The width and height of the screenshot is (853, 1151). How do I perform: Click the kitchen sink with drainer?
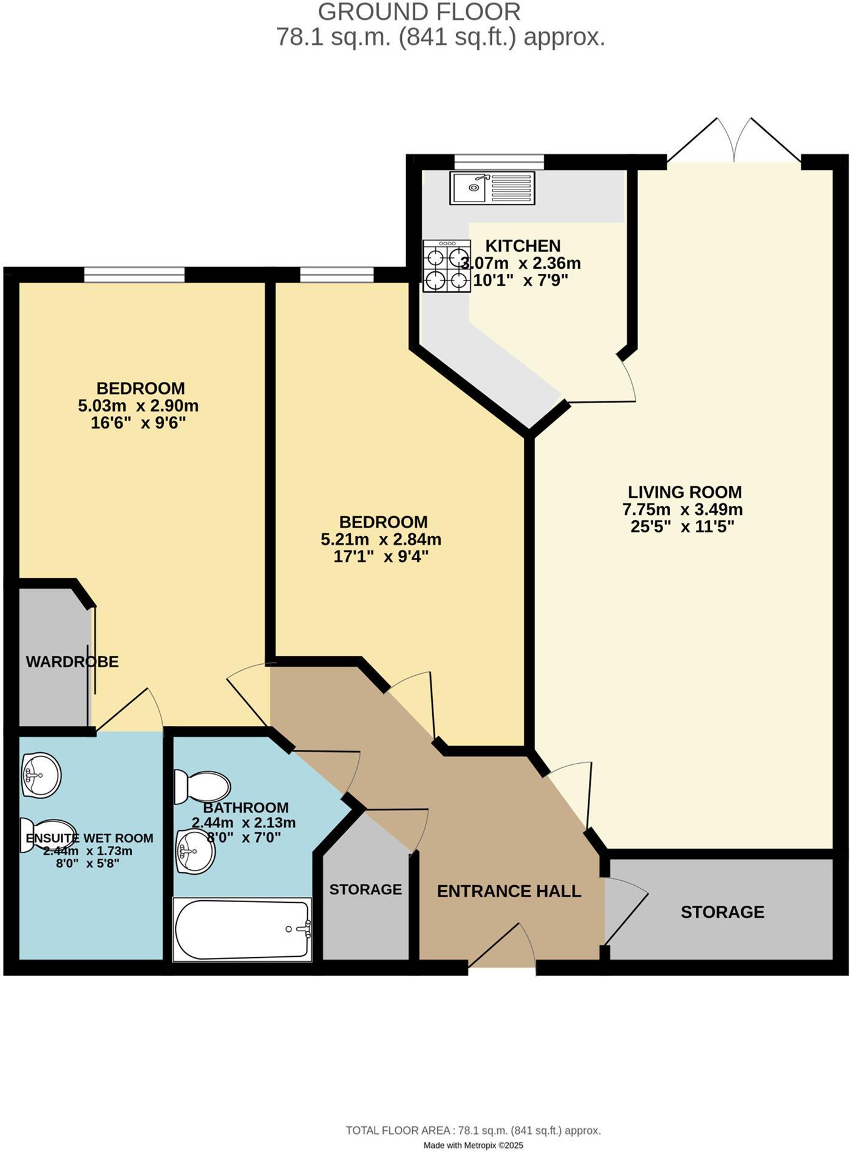click(x=492, y=188)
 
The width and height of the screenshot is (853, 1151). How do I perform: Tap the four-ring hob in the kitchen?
click(x=447, y=266)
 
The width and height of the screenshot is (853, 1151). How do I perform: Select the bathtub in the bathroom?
click(x=242, y=929)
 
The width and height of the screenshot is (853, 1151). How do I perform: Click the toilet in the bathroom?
click(x=203, y=787)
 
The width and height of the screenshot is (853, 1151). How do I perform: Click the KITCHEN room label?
click(x=523, y=246)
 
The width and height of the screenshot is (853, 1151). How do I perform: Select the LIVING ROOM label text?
click(x=685, y=492)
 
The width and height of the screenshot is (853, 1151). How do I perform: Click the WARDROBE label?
click(x=72, y=662)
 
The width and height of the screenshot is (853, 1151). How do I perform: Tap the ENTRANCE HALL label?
click(x=509, y=891)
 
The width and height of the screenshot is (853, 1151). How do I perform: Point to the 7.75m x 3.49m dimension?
click(x=682, y=509)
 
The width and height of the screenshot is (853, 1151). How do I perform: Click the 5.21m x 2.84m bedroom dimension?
click(x=381, y=539)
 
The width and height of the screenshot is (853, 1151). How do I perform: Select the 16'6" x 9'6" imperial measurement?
click(x=138, y=423)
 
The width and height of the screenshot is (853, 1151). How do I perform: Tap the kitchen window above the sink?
click(x=499, y=161)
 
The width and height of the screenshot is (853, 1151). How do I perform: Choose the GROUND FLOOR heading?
click(x=419, y=12)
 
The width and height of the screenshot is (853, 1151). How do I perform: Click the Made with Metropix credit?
click(x=473, y=1145)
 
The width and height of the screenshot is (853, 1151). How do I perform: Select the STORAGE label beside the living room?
click(x=722, y=912)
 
